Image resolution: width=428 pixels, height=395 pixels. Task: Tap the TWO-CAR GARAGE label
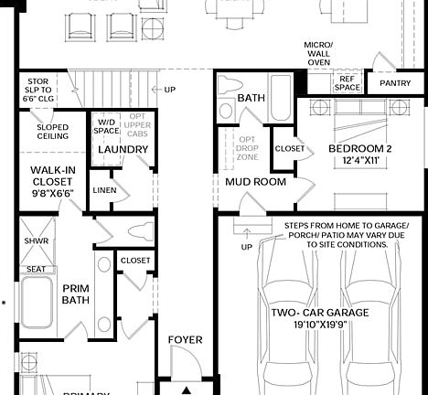coord(320,313)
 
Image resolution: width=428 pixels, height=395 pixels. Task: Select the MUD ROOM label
coord(255,182)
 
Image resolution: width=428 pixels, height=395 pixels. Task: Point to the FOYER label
coord(186,340)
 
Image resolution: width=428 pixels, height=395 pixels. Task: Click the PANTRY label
coord(395,83)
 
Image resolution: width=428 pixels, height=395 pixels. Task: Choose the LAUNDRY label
coord(123,150)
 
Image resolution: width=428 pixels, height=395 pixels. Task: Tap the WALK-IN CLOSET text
coord(52,181)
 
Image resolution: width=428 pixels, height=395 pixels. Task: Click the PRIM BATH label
coord(75,294)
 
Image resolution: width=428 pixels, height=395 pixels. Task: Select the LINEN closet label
coord(103,189)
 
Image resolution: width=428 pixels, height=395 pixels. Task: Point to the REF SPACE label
coord(347,83)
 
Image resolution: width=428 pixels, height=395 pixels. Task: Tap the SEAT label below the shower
coord(36,269)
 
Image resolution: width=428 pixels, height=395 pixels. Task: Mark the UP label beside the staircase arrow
coord(169,90)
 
